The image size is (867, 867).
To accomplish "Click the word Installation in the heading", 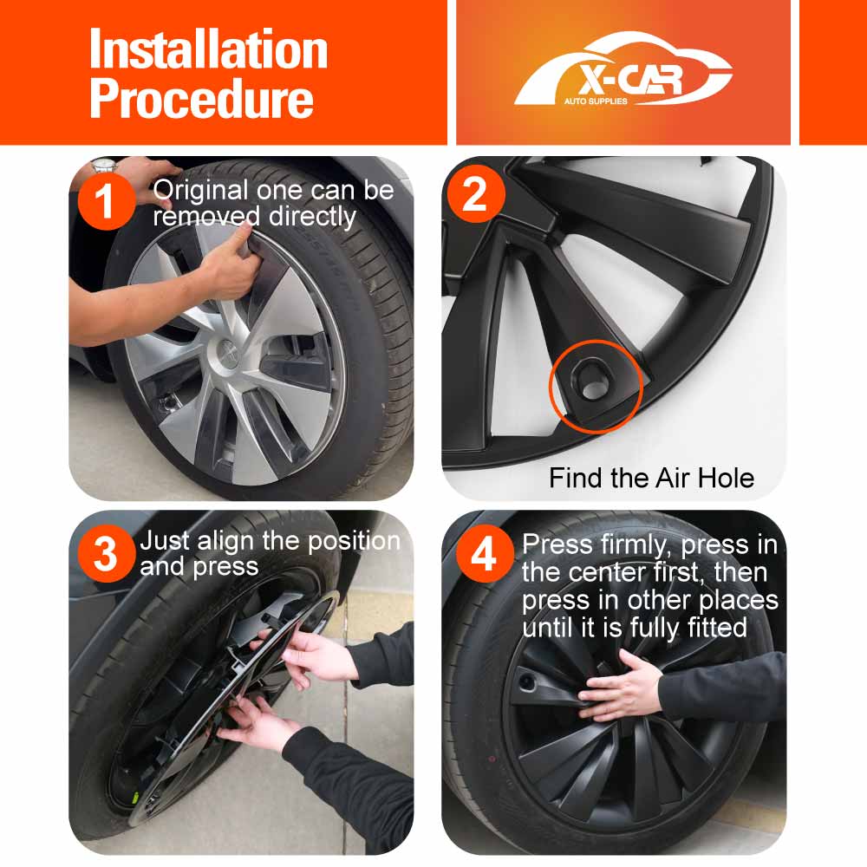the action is point(208,49).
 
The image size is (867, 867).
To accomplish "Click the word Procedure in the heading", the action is point(201,99).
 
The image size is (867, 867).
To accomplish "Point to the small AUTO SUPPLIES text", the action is point(596,101).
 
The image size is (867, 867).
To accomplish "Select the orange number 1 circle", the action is point(106,201).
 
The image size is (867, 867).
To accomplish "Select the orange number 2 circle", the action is point(476,193).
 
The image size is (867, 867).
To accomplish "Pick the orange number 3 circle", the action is point(106,553).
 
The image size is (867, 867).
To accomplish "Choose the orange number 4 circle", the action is point(485,553).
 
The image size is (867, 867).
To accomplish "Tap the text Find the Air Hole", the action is point(651,478).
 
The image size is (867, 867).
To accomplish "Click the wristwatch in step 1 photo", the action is point(105,165).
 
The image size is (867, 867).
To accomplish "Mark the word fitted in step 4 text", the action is point(717,627).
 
